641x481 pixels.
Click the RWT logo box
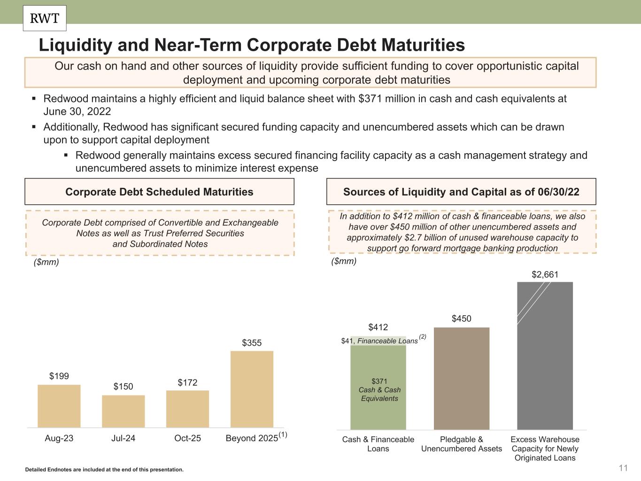[x=45, y=18]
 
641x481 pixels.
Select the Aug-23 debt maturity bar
[x=59, y=406]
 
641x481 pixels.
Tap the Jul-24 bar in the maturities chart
[x=124, y=411]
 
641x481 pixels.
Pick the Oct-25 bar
[x=187, y=409]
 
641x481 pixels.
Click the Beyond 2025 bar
[x=252, y=389]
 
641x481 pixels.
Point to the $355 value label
[x=252, y=343]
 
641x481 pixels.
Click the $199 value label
[x=59, y=376]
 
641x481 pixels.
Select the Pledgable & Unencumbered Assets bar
[x=462, y=378]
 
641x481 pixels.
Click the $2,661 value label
[x=545, y=274]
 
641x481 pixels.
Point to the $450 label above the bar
[x=462, y=319]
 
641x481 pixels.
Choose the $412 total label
[x=378, y=327]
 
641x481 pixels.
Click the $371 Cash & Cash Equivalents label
[x=379, y=390]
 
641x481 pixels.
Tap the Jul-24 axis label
[x=124, y=438]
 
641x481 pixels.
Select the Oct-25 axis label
[x=187, y=438]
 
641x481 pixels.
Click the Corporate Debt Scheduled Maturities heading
[x=159, y=192]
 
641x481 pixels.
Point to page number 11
[x=623, y=468]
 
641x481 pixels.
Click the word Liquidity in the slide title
[x=75, y=45]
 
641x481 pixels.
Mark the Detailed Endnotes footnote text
[x=104, y=469]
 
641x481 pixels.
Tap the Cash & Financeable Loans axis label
[x=378, y=444]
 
